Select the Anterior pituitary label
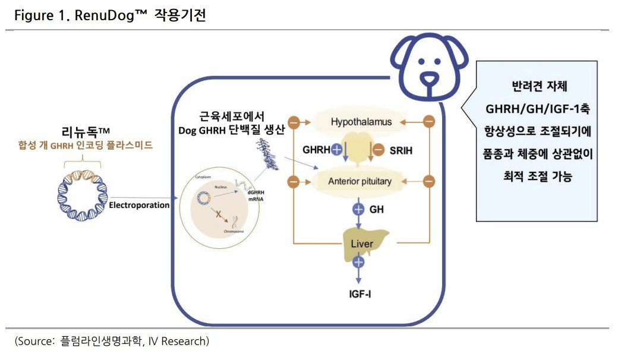point(360,181)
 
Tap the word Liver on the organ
point(362,244)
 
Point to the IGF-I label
point(360,293)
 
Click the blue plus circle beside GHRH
point(337,150)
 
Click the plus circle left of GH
point(358,209)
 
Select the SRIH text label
point(401,151)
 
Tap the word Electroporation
point(140,206)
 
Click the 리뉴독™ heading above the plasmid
point(83,131)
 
